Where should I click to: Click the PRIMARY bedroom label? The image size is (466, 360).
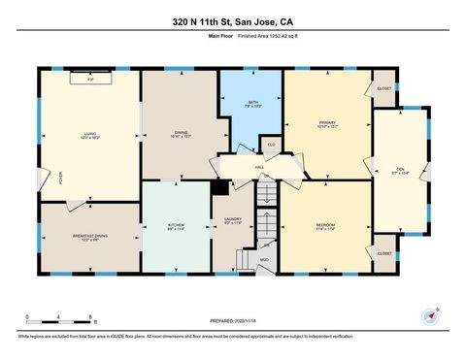[326, 123]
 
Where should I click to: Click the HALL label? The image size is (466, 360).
[260, 168]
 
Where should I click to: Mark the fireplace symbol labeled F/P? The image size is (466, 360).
[89, 79]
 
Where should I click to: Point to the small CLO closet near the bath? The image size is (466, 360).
[271, 145]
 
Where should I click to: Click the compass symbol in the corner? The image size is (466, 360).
[429, 316]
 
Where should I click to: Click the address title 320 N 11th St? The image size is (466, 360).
[232, 21]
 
